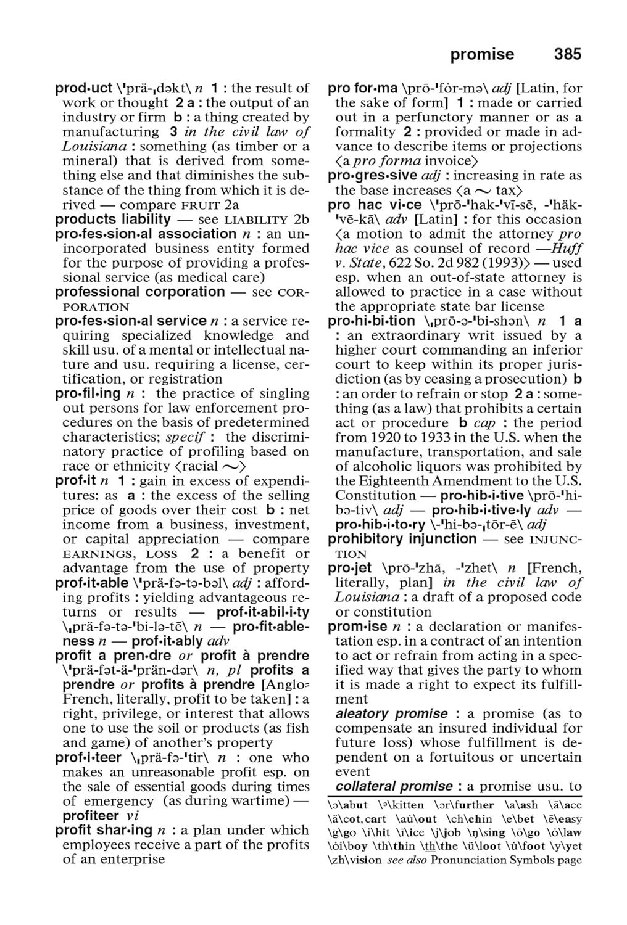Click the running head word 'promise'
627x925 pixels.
click(x=482, y=54)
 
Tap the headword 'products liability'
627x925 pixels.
click(x=113, y=219)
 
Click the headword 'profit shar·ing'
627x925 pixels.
click(x=103, y=830)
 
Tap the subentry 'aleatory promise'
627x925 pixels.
click(x=391, y=713)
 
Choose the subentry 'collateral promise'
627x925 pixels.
click(x=394, y=786)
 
